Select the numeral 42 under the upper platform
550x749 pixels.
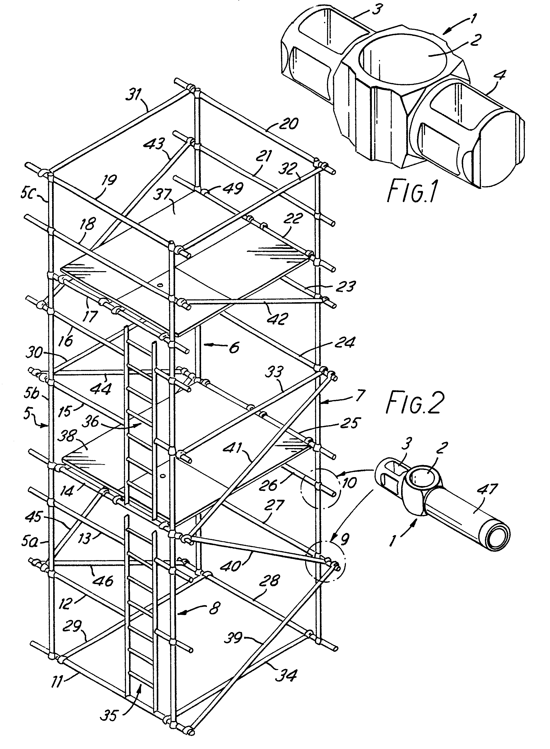[x=277, y=319]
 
